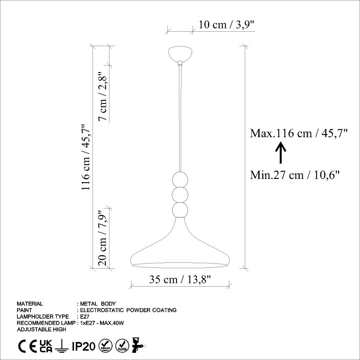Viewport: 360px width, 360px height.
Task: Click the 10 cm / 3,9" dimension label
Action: pyautogui.click(x=226, y=24)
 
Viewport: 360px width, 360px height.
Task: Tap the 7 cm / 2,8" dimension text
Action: pyautogui.click(x=103, y=96)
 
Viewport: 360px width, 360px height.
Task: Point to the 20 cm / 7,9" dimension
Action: pyautogui.click(x=103, y=238)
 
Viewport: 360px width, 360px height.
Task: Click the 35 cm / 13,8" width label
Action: pyautogui.click(x=180, y=279)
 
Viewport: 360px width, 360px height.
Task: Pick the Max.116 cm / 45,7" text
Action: pyautogui.click(x=299, y=133)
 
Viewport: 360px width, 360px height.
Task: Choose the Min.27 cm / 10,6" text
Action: pyautogui.click(x=295, y=175)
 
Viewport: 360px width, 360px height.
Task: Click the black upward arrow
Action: pyautogui.click(x=280, y=153)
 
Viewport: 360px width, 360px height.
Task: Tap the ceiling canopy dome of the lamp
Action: pyautogui.click(x=180, y=54)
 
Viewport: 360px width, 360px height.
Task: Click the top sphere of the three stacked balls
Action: pyautogui.click(x=180, y=179)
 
